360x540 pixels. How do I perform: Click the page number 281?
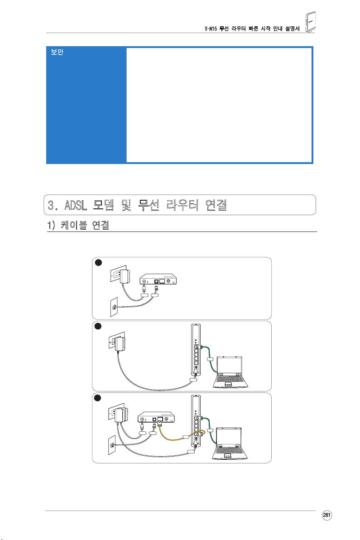(x=326, y=515)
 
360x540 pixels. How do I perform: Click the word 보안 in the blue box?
(x=57, y=52)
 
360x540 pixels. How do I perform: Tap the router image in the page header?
(x=310, y=22)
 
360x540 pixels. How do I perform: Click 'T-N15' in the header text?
(x=210, y=29)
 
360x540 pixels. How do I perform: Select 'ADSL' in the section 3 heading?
(x=76, y=205)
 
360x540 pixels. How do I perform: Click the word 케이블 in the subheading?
(x=74, y=225)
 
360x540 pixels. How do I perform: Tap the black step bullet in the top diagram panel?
(x=98, y=263)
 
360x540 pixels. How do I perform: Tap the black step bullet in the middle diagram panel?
(x=98, y=326)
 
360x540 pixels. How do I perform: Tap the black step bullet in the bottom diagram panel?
(x=98, y=398)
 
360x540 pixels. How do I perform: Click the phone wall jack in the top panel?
(x=114, y=307)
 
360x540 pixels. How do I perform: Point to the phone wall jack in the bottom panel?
(x=112, y=444)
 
